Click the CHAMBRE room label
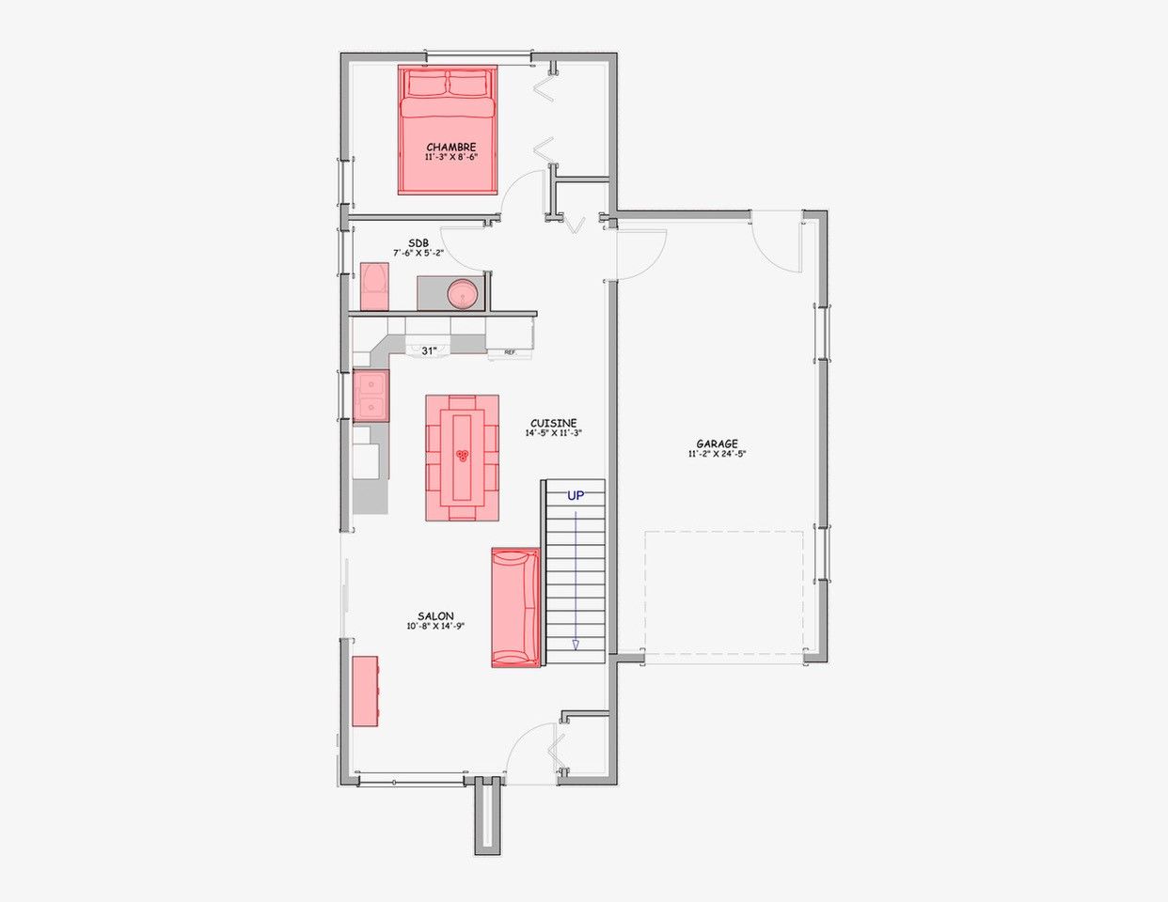(x=451, y=147)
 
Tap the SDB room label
(x=418, y=243)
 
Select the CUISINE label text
(x=554, y=423)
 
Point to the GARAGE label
(x=717, y=444)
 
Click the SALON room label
(x=435, y=616)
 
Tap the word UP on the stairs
(x=576, y=495)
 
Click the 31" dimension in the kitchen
(x=429, y=351)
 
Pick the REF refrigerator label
(x=510, y=352)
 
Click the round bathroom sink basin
(x=463, y=294)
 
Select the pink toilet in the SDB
(x=374, y=287)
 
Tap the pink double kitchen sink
(x=371, y=397)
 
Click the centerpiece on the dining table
(x=462, y=456)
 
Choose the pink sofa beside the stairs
(x=515, y=608)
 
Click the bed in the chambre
(x=448, y=130)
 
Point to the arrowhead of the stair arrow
(x=576, y=645)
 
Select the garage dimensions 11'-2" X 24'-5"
(x=717, y=454)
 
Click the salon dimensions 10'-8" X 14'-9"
(x=435, y=626)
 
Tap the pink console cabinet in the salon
(x=365, y=691)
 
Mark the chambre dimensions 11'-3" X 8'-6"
(x=451, y=157)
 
